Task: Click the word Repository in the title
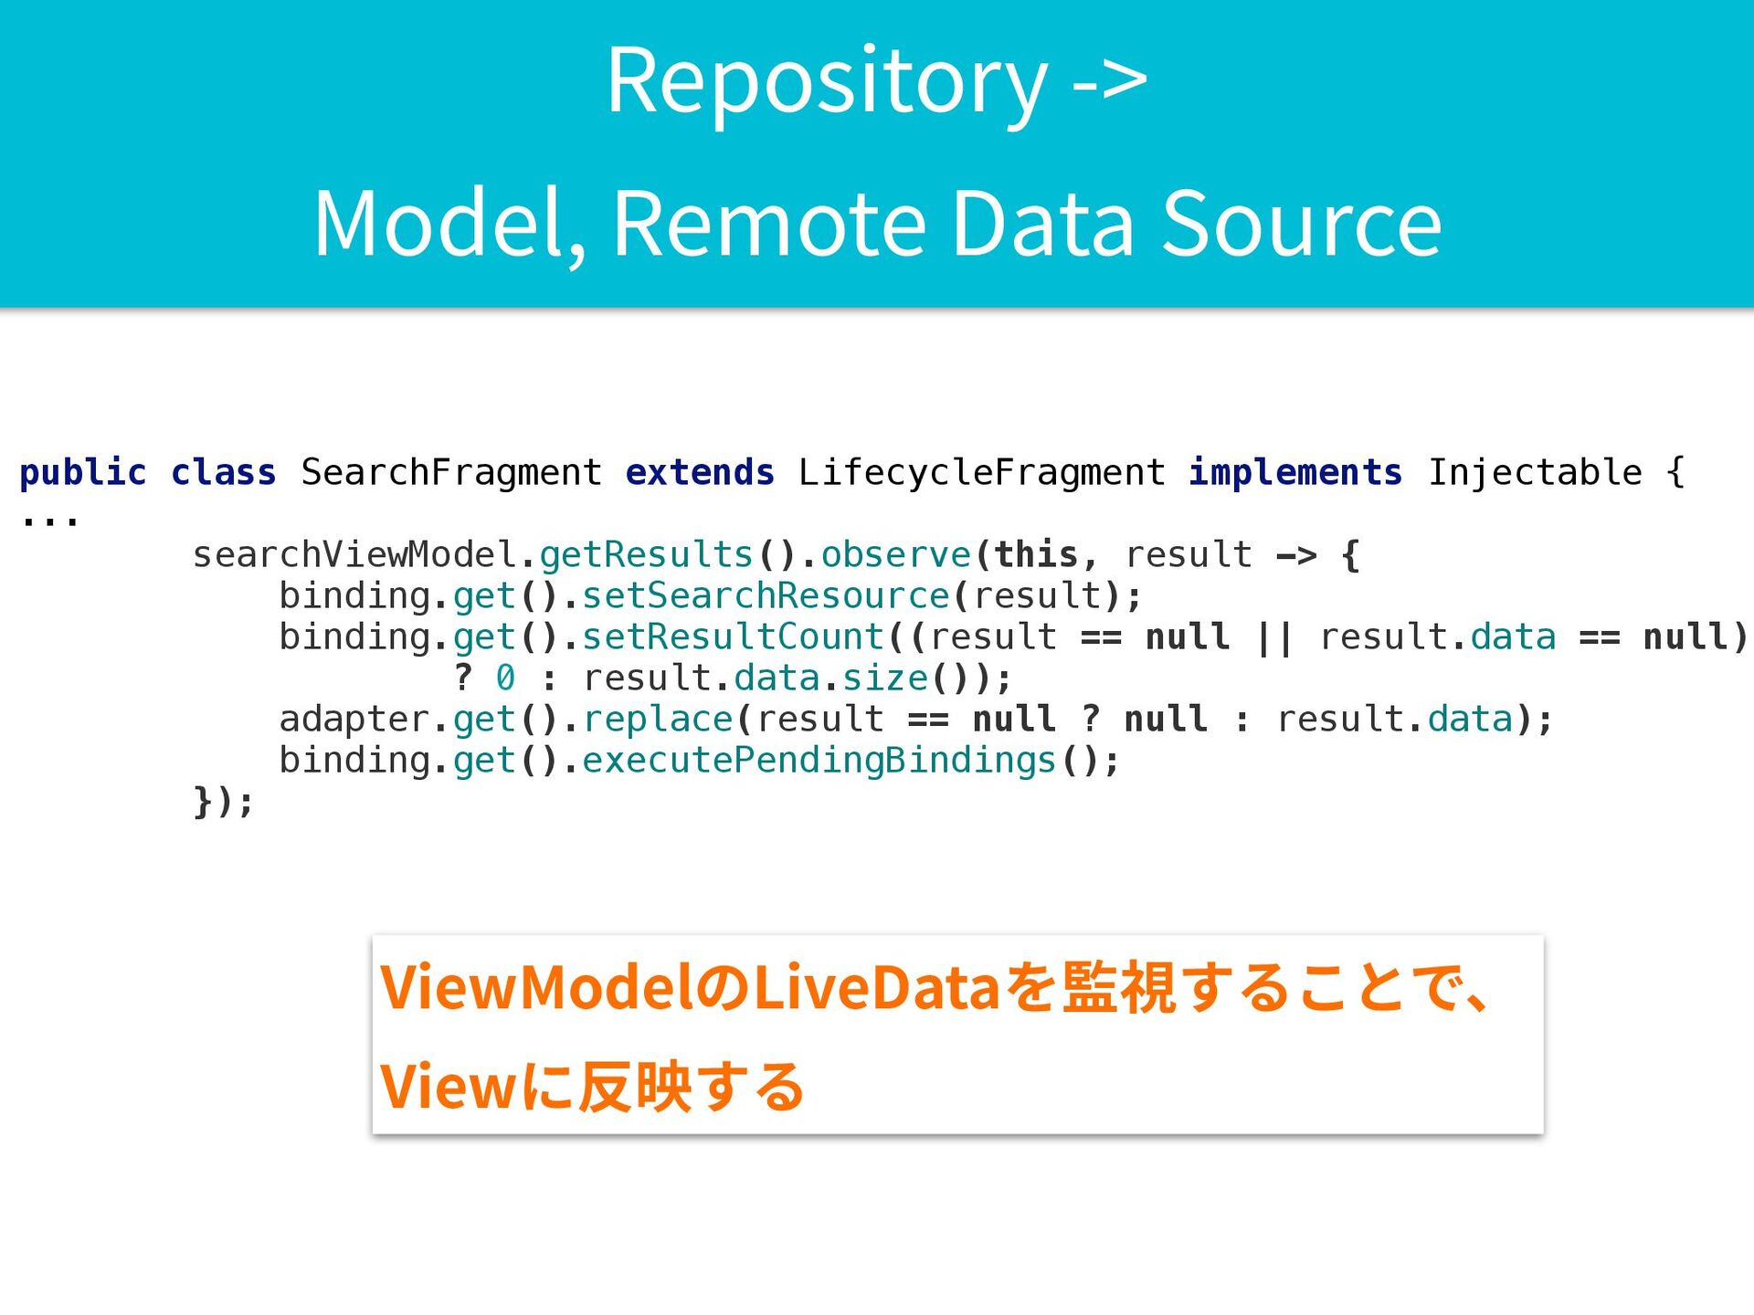(827, 82)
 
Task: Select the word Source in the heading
(1301, 224)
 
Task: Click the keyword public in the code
(82, 472)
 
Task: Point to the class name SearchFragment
(451, 472)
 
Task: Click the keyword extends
(700, 472)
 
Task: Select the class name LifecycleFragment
(981, 472)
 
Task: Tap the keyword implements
(1294, 472)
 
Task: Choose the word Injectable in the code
(1535, 472)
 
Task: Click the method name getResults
(646, 554)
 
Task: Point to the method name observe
(895, 554)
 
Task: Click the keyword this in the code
(1035, 554)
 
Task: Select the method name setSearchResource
(766, 595)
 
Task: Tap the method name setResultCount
(733, 636)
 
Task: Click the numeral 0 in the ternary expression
(505, 678)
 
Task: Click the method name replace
(658, 719)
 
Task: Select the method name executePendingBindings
(819, 760)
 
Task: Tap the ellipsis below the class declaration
(49, 521)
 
